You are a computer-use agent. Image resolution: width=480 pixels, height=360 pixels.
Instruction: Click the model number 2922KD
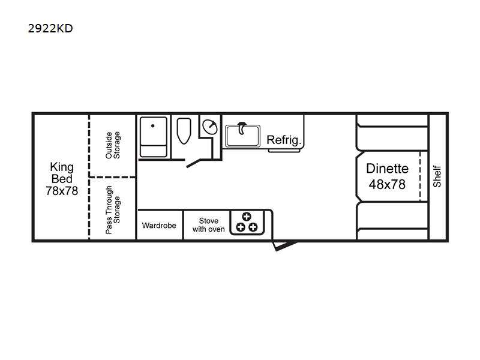click(50, 28)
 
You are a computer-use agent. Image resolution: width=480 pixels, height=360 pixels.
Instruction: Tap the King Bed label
click(62, 173)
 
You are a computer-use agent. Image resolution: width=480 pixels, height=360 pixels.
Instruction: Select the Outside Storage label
click(113, 145)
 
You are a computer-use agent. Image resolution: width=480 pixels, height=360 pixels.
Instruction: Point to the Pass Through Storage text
click(113, 209)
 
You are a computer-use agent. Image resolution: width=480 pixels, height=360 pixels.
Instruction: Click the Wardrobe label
click(159, 226)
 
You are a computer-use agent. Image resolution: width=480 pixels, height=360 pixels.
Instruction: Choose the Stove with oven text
click(208, 225)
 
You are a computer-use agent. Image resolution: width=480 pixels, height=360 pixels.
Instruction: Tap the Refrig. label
click(284, 140)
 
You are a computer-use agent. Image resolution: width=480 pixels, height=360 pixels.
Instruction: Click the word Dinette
click(387, 169)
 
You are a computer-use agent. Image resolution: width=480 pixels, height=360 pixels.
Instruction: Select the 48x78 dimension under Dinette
click(387, 184)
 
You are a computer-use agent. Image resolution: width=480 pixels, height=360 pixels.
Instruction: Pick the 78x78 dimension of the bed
click(62, 191)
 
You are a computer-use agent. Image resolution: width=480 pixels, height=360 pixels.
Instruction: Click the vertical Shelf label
click(437, 176)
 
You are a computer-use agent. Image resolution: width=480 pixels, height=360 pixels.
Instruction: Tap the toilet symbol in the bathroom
click(184, 131)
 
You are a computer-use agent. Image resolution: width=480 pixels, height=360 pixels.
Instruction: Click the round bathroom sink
click(210, 127)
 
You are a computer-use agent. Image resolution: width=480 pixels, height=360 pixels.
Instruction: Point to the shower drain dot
click(153, 126)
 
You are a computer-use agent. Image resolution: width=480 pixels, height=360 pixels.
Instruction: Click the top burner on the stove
click(247, 217)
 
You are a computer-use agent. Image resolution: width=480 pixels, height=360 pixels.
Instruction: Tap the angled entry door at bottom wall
click(284, 245)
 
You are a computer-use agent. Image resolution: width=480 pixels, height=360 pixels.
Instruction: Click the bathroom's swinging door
click(193, 163)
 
